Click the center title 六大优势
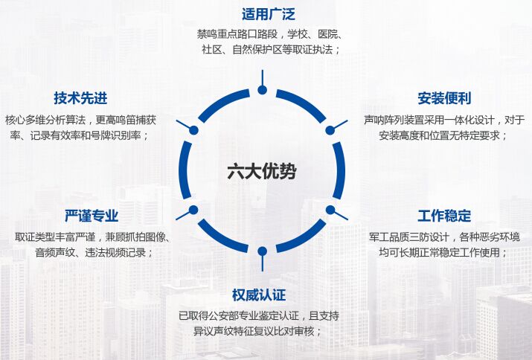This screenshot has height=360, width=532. point(261,171)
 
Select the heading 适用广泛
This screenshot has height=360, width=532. point(268,14)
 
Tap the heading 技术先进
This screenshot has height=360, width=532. point(80,98)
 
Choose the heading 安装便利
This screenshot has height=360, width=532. point(444,98)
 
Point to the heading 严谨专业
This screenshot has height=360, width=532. point(92,216)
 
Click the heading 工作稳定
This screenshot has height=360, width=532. point(444,216)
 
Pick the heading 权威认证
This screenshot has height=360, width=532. point(259,295)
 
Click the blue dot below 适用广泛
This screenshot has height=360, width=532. point(262,90)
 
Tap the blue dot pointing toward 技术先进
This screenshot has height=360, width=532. point(193,129)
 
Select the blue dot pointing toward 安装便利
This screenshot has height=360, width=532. point(330,129)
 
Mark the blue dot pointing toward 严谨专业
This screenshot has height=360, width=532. point(193,210)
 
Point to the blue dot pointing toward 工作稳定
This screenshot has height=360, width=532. point(330,210)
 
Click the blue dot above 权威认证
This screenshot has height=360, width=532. point(262,250)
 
